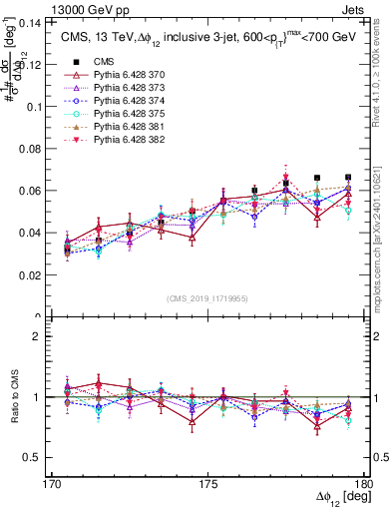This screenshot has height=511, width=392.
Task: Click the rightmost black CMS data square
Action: coord(348,178)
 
